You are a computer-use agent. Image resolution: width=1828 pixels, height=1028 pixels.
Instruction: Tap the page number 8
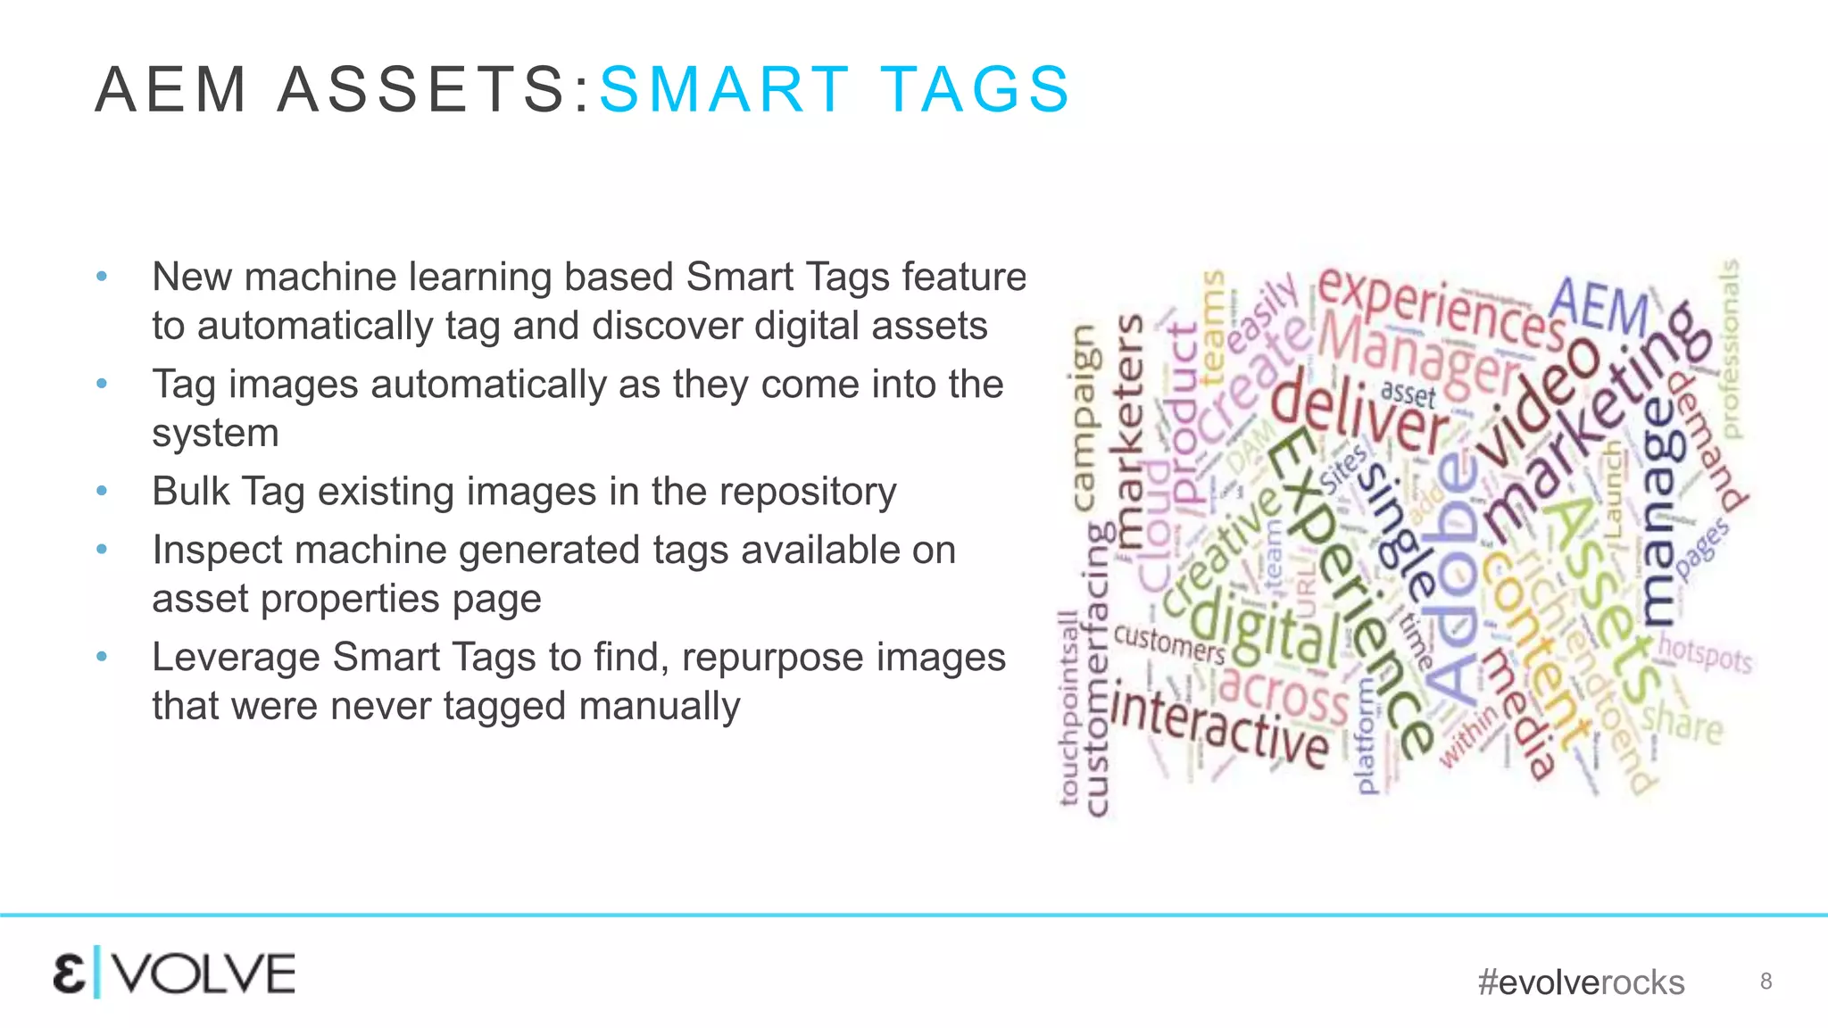click(1766, 982)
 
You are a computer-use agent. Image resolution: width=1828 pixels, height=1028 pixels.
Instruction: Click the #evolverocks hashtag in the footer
click(1581, 982)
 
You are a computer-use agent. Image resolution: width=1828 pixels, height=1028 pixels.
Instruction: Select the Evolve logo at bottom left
click(174, 974)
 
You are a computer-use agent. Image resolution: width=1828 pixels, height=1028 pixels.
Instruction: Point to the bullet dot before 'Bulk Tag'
click(102, 492)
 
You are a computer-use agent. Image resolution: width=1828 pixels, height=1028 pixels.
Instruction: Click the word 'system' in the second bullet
click(215, 433)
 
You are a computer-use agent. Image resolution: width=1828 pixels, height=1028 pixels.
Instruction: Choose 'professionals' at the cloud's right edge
click(1730, 348)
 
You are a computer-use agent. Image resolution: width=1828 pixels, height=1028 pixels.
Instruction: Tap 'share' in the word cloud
click(1682, 721)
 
